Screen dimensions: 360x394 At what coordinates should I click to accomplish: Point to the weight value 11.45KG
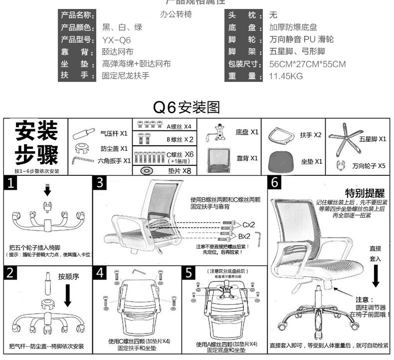(286, 76)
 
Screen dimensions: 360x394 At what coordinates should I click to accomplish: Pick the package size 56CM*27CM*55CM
(307, 64)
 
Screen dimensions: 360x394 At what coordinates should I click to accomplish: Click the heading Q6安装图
(187, 107)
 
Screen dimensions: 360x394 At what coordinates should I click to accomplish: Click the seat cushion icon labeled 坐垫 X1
(281, 161)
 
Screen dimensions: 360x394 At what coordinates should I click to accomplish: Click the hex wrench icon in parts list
(83, 160)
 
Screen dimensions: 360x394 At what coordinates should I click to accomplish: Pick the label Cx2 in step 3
(249, 224)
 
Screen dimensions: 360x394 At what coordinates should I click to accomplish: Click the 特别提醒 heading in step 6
(365, 193)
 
